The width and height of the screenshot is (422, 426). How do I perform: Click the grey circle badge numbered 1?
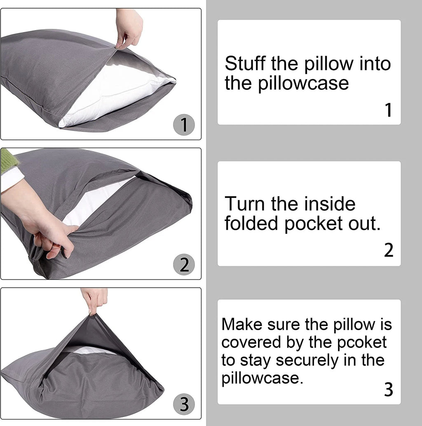pos(184,125)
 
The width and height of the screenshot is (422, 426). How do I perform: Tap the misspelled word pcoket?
pos(363,342)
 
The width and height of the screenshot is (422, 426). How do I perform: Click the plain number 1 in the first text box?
pos(388,110)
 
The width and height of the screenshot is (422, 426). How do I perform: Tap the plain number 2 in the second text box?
pos(388,250)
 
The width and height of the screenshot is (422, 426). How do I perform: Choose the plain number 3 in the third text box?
pos(388,389)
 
